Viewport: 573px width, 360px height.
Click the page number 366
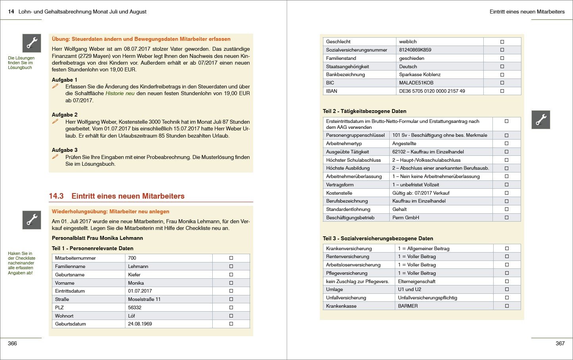pos(12,343)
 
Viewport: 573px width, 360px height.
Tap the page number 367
pos(560,343)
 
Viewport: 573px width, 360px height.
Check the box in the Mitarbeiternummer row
pos(231,258)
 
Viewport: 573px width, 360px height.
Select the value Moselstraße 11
pos(144,299)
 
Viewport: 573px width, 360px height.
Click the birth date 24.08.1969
pos(140,324)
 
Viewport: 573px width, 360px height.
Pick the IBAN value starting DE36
pos(432,91)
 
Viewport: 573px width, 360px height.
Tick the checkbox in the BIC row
pos(502,83)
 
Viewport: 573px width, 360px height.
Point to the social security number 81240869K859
pos(415,50)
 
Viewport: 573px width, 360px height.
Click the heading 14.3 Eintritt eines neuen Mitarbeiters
pos(117,196)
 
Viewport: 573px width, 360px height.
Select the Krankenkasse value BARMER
pos(408,306)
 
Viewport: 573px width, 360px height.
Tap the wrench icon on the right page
pos(540,120)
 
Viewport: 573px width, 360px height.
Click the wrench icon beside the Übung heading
pos(32,43)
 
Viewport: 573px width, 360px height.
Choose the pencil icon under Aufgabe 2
pos(55,122)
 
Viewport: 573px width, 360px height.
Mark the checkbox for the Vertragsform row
pos(506,185)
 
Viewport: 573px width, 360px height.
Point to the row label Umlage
pos(334,289)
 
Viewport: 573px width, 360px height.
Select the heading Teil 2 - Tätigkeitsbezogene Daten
pos(364,111)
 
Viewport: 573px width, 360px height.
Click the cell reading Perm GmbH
pos(406,218)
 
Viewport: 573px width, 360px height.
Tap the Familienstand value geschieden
pos(411,58)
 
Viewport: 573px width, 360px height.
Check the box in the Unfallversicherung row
pos(507,298)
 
